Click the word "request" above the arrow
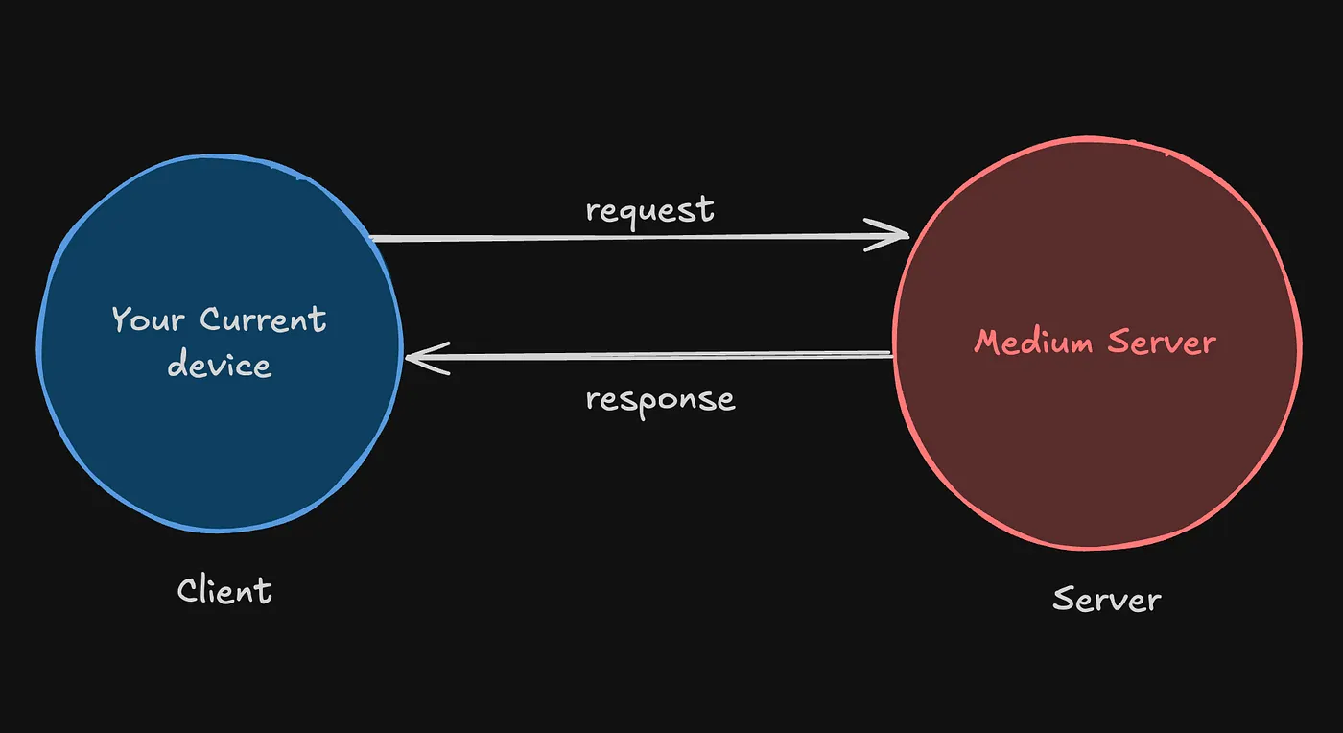649,210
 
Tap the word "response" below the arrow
660,398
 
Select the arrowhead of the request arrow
897,234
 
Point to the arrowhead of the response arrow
418,358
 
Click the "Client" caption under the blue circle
224,590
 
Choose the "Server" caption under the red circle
1106,600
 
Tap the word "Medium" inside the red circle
1033,342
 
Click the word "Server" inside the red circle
1162,342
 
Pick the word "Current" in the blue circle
262,319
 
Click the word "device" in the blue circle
219,365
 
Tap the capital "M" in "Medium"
989,342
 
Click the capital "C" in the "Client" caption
187,590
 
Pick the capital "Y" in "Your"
122,319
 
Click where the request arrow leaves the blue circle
374,238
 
